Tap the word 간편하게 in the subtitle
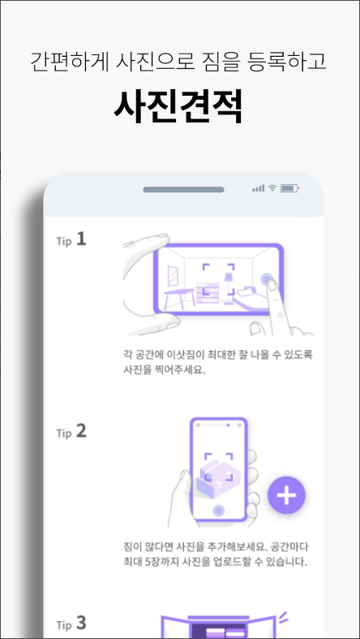[x=62, y=61]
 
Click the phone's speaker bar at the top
[x=183, y=189]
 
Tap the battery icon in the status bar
[x=290, y=188]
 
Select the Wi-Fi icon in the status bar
[x=273, y=188]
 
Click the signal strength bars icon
[x=258, y=188]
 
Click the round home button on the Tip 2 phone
[x=217, y=511]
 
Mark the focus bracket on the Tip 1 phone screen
[x=216, y=280]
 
